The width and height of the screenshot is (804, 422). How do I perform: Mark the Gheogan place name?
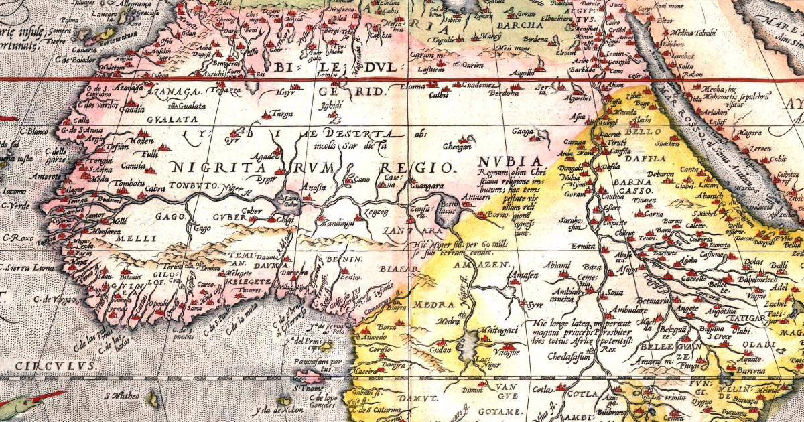click(x=457, y=146)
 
